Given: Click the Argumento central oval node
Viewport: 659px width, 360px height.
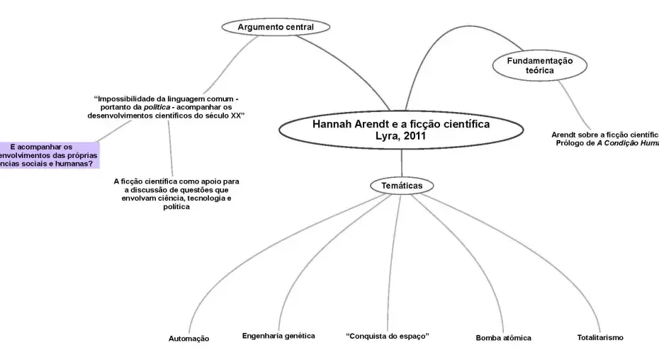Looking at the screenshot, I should [x=276, y=27].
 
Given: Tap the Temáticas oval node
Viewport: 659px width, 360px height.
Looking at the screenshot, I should [x=402, y=186].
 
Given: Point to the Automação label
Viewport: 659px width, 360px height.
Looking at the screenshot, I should [x=188, y=339].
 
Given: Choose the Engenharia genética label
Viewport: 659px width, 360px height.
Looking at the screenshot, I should [x=278, y=335].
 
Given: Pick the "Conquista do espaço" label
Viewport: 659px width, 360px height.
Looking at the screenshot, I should [x=388, y=335].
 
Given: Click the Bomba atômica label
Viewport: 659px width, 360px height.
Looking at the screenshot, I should [x=503, y=338].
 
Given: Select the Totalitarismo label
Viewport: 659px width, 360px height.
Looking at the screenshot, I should [x=600, y=337].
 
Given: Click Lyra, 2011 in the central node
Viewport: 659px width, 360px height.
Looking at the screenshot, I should [x=401, y=135].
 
